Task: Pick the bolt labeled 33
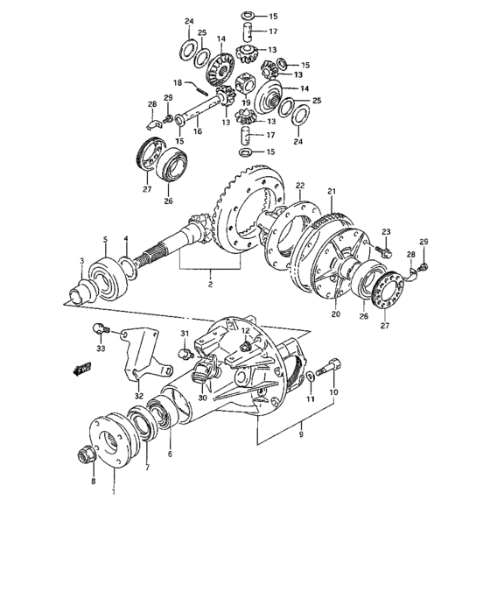tap(99, 330)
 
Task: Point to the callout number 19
tap(246, 102)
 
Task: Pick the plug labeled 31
tap(185, 354)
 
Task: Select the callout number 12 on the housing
tap(247, 330)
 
